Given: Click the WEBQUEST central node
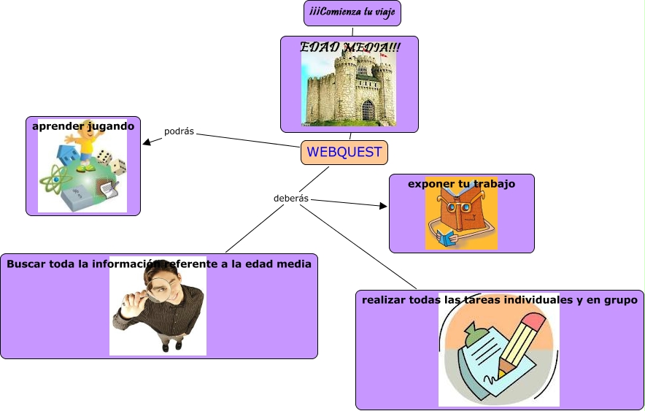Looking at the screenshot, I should [344, 153].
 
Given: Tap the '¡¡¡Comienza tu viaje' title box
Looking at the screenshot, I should [352, 13].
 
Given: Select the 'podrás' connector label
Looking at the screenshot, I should [179, 131].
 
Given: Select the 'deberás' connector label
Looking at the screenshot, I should [291, 199].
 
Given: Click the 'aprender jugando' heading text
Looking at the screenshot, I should [83, 126].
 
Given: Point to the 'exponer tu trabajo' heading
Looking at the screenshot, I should [461, 184].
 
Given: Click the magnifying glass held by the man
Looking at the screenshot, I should [157, 291].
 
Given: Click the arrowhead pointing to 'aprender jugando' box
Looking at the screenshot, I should [147, 142].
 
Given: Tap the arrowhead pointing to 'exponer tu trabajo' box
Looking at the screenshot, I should [384, 207].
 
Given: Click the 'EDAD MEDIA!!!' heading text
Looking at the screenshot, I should [349, 47].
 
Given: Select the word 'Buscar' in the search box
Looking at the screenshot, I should [26, 264].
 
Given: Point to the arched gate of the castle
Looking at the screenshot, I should [368, 110].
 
